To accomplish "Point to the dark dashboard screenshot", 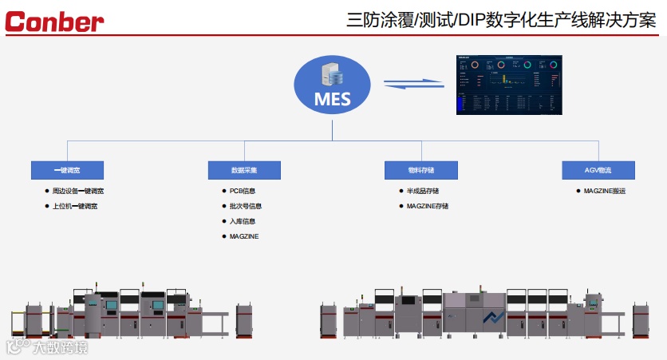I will point(509,84).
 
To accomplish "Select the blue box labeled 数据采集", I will point(244,170).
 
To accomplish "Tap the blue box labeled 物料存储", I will point(421,170).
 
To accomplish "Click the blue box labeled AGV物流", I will point(598,170).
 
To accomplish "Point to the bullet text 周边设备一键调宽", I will point(77,192).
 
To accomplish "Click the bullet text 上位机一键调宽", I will point(74,206).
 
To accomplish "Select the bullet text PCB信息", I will point(242,192).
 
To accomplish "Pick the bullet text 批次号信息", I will point(245,206).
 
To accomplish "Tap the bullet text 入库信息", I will point(242,221).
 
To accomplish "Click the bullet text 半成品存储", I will point(422,192).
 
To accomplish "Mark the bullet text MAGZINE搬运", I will point(605,192).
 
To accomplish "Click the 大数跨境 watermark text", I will point(60,347).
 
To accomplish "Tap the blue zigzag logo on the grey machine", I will point(495,318).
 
